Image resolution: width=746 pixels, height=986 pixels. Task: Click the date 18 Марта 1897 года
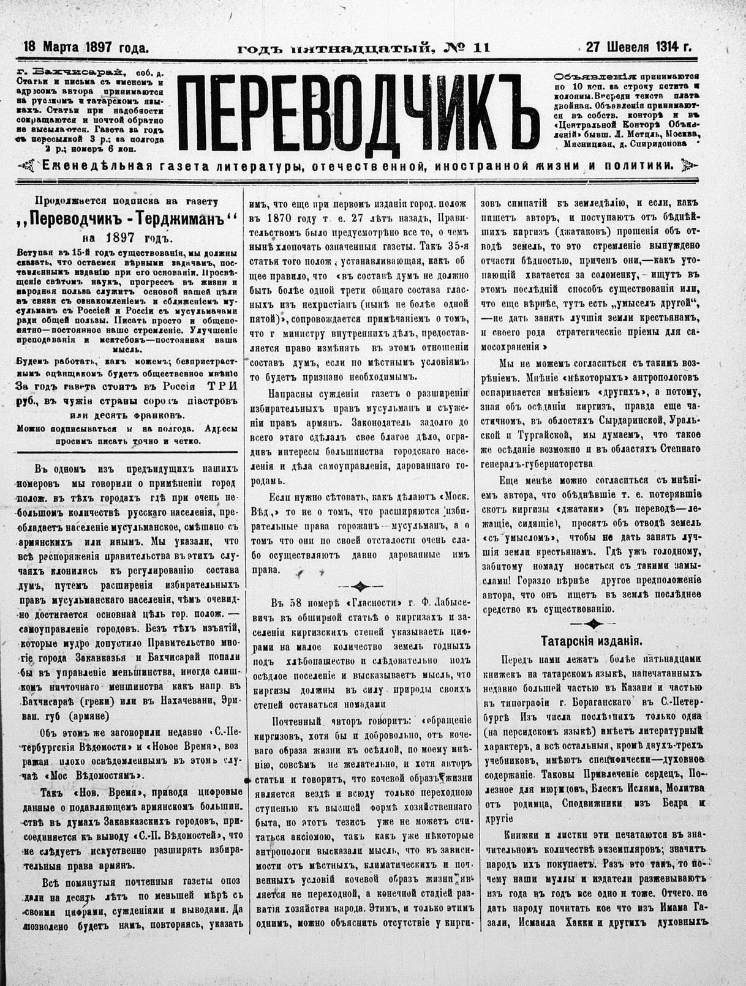pyautogui.click(x=86, y=47)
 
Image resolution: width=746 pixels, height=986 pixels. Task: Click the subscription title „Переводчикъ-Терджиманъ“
pyautogui.click(x=125, y=219)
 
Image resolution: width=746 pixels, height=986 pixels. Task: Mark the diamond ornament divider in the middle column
pyautogui.click(x=361, y=586)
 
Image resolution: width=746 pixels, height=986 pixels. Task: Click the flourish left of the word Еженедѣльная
pyautogui.click(x=27, y=165)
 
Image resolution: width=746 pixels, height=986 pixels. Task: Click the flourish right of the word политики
pyautogui.click(x=686, y=165)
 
